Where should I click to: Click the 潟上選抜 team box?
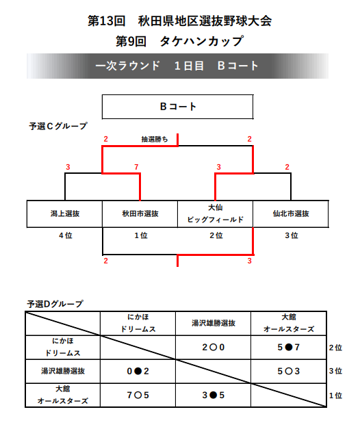(x=64, y=213)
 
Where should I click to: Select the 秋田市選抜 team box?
(x=140, y=213)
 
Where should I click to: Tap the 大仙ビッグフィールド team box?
(x=215, y=213)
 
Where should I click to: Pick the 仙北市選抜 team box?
(x=291, y=213)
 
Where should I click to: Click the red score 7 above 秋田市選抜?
(x=136, y=167)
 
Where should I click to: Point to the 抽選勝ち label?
(x=155, y=139)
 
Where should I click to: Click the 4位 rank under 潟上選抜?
(x=66, y=235)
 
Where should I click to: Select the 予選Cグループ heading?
(x=58, y=126)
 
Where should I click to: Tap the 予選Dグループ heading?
(x=55, y=304)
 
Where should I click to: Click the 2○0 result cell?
(x=214, y=347)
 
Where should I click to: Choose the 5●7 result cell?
(x=289, y=347)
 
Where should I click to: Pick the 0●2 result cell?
(x=138, y=371)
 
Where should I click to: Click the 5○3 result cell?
(x=289, y=371)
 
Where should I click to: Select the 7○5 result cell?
(x=138, y=395)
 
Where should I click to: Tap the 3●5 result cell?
(x=214, y=395)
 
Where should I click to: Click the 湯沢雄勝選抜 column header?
(x=214, y=323)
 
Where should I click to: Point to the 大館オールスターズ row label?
(x=63, y=395)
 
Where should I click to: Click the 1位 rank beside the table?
(x=335, y=396)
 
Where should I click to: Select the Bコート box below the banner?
(x=177, y=107)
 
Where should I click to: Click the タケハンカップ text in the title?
(x=201, y=41)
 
